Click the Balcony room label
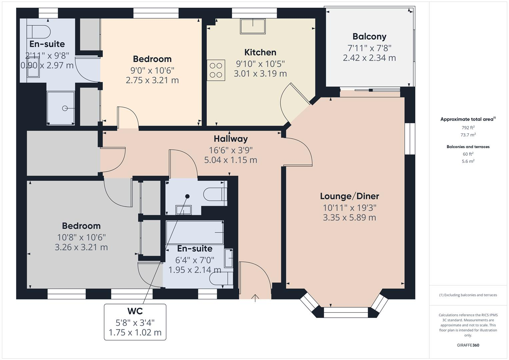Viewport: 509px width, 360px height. coord(369,36)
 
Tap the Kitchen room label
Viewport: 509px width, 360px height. coord(260,52)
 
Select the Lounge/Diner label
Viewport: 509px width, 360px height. coord(349,196)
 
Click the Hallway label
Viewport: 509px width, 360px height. coord(231,139)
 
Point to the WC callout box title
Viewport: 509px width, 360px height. coord(135,311)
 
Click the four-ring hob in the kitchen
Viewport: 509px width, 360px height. coord(216,70)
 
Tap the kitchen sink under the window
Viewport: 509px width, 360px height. coord(253,26)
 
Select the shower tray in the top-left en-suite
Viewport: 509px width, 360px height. coord(60,108)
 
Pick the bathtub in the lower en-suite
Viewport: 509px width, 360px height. coord(195,232)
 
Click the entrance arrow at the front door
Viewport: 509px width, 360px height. coord(255,298)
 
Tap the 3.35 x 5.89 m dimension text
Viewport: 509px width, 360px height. coord(349,218)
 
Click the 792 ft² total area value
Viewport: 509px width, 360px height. coord(468,128)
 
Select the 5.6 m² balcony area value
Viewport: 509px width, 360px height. coord(468,161)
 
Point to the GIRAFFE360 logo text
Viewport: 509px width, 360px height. coord(468,345)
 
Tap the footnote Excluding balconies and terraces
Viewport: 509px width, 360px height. coord(468,295)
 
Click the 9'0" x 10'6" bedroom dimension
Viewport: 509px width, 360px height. coord(152,70)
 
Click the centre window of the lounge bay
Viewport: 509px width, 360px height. coord(346,312)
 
